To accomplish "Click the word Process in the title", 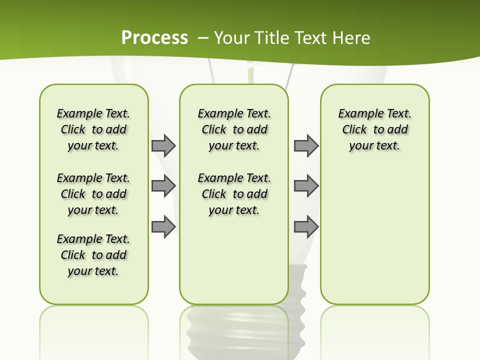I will [154, 37].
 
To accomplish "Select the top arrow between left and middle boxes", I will [163, 145].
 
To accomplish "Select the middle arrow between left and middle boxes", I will [163, 186].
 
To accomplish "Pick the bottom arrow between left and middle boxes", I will [163, 226].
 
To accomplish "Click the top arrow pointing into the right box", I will [306, 145].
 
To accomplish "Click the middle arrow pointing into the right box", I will [306, 186].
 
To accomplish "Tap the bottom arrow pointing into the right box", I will [306, 226].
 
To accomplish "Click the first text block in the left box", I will [93, 129].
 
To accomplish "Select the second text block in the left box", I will [93, 194].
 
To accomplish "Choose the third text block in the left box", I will [93, 255].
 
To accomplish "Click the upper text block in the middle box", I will [234, 129].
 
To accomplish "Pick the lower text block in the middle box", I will [234, 194].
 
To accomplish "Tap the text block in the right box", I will [374, 129].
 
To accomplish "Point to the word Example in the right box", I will [356, 113].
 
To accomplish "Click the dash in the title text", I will [203, 38].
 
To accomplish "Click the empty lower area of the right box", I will [374, 240].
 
